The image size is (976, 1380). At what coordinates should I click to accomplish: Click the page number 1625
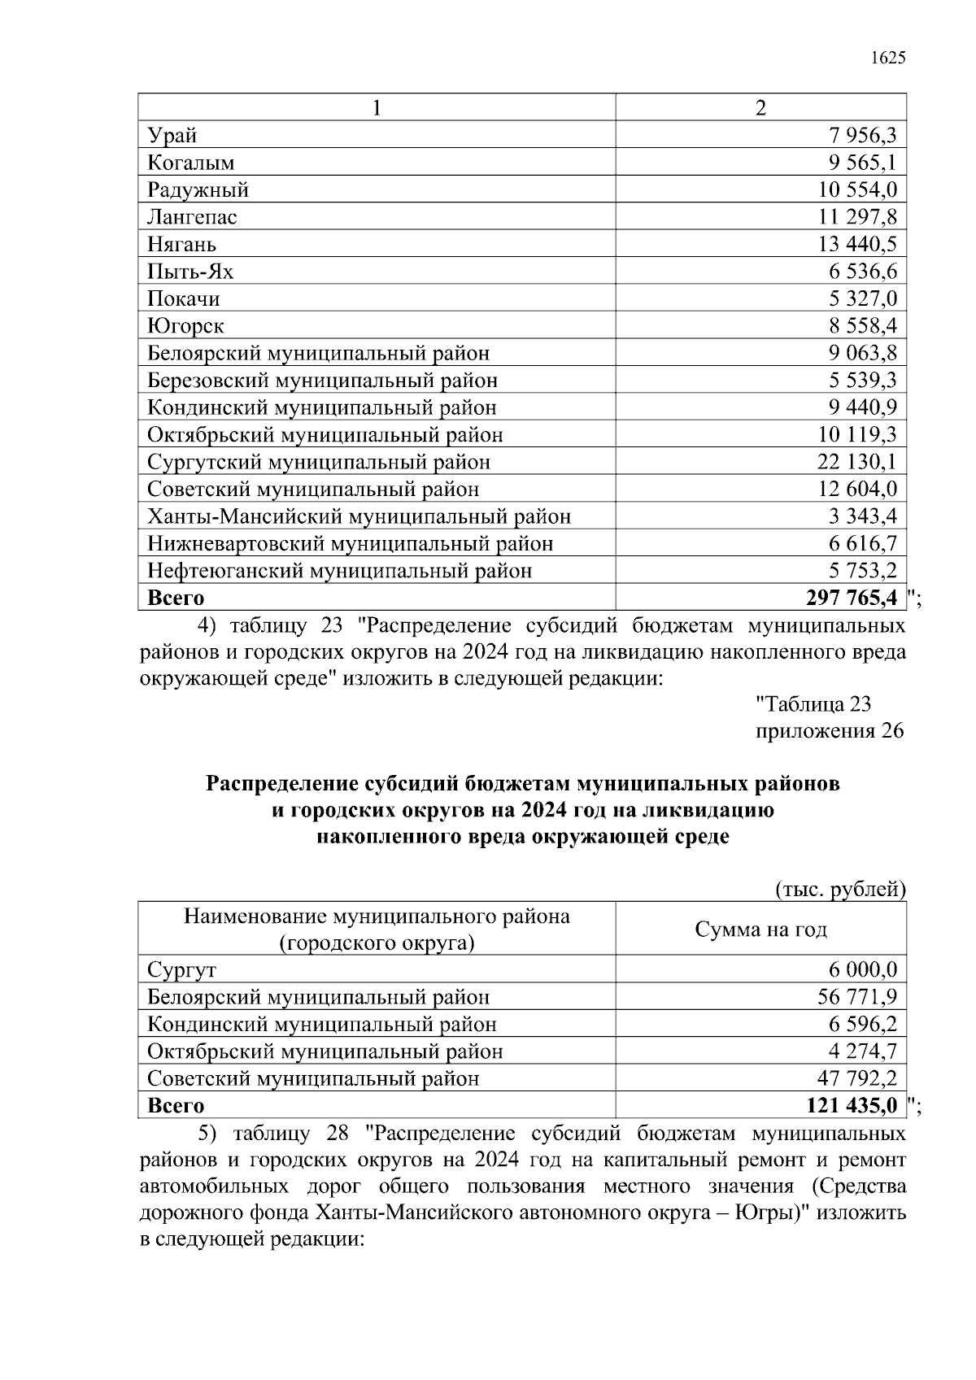coord(888,58)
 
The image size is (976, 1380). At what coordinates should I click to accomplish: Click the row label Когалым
coord(191,163)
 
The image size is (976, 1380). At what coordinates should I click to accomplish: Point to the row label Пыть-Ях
coord(190,272)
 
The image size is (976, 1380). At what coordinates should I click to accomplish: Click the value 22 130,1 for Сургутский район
coord(857,462)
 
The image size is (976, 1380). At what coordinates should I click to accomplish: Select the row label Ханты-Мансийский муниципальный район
coord(359,516)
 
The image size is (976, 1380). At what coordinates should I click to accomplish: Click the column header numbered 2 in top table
coord(760,108)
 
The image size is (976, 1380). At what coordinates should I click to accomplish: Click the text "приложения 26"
coord(830,730)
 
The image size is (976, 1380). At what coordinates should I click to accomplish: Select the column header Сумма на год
coord(760,929)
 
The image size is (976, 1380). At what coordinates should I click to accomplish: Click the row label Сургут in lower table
coord(181,969)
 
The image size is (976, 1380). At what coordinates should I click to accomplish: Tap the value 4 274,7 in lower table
coord(862,1051)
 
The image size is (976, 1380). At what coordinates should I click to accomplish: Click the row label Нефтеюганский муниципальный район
coord(339,571)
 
